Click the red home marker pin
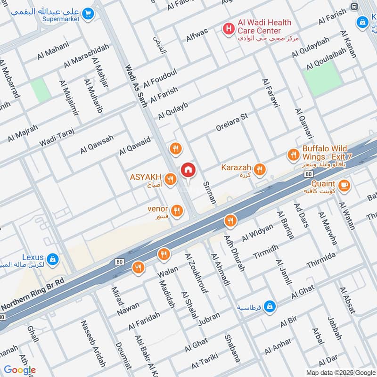tap(188, 170)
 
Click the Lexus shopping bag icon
tap(53, 258)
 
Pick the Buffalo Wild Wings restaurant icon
tap(293, 154)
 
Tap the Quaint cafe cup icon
tap(344, 185)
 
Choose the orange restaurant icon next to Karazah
tap(259, 170)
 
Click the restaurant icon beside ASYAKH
tap(171, 179)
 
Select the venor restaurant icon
tap(177, 210)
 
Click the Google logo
tap(19, 370)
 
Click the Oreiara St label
tap(231, 122)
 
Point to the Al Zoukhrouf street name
tap(197, 273)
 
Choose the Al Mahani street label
tap(53, 51)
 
